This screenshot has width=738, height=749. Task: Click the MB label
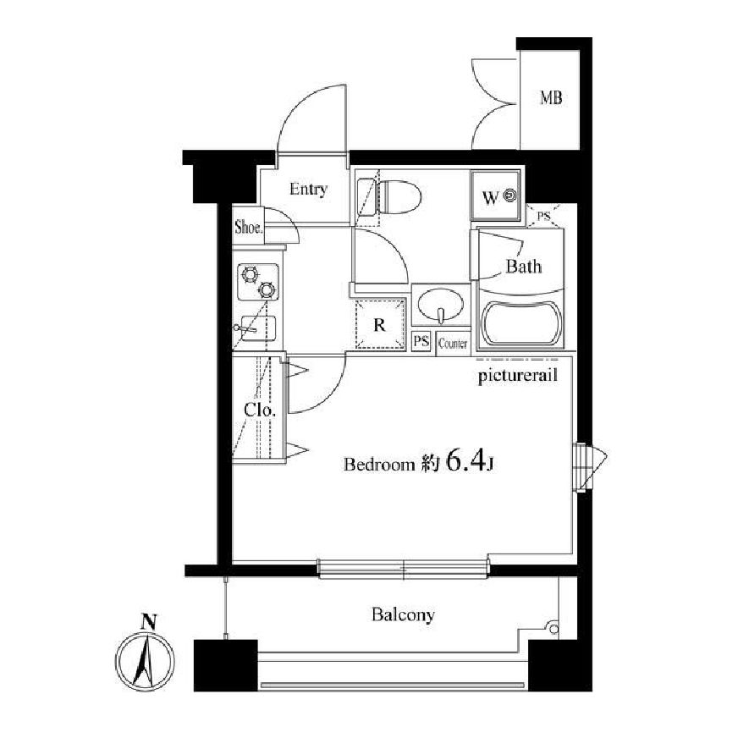(x=551, y=98)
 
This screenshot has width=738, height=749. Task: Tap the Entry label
(x=308, y=190)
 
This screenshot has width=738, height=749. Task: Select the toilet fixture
(x=390, y=197)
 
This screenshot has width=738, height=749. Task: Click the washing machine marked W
(x=495, y=196)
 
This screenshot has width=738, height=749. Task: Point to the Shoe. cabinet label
(x=248, y=227)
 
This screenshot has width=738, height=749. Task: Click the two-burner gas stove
(x=258, y=283)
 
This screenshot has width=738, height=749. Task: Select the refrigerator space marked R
(x=380, y=325)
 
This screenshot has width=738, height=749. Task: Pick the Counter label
(x=452, y=344)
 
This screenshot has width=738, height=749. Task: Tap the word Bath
(x=524, y=266)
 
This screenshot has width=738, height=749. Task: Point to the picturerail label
(x=518, y=376)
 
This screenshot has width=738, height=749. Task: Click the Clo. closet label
(x=259, y=410)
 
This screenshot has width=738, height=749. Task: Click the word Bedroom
(x=379, y=465)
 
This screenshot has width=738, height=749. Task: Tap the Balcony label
(x=403, y=614)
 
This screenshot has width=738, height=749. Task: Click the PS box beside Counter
(x=421, y=342)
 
